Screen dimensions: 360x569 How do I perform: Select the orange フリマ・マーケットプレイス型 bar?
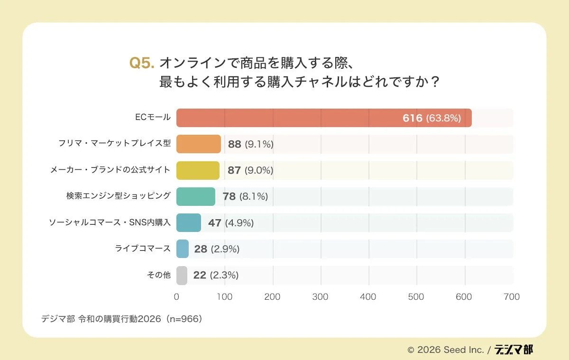(199, 144)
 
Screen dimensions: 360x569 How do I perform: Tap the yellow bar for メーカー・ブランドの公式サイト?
(198, 170)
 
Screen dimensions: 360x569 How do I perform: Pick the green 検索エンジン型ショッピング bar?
(196, 196)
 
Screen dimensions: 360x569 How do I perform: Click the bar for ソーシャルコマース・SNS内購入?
(189, 222)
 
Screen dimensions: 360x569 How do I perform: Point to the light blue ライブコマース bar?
(183, 249)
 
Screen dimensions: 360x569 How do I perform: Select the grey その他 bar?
(182, 275)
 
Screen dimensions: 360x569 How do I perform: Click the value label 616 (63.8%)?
(431, 118)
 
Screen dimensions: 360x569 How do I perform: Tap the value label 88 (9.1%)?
(250, 144)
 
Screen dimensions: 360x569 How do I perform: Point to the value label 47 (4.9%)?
(230, 222)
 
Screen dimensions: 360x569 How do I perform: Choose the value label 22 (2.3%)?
(215, 275)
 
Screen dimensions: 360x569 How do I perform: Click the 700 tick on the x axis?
(512, 297)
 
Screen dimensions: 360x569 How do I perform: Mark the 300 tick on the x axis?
(321, 297)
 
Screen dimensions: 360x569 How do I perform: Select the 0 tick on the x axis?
(176, 297)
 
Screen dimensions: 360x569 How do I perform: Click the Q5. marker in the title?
(142, 63)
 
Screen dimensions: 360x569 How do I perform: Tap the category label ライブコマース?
(143, 249)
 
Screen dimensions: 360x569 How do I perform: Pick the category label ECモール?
(153, 118)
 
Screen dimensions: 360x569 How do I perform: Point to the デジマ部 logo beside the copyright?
(514, 350)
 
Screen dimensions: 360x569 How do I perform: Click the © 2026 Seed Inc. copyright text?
(445, 350)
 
